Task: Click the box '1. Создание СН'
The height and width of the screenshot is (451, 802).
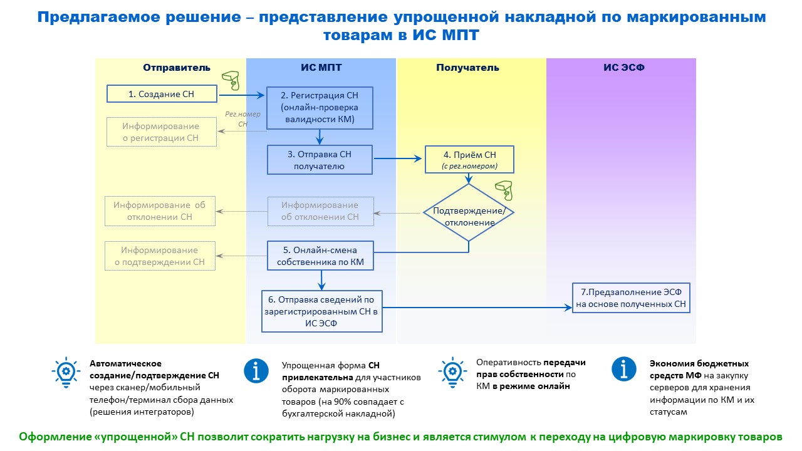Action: pyautogui.click(x=162, y=94)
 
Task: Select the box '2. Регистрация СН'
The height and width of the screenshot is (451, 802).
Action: pyautogui.click(x=320, y=106)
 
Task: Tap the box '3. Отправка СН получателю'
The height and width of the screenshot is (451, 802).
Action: pyautogui.click(x=320, y=160)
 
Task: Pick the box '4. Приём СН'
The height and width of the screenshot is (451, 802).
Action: pyautogui.click(x=470, y=160)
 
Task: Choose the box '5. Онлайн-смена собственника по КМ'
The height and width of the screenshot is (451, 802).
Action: pyautogui.click(x=320, y=256)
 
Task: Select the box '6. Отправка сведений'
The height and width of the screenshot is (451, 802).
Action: pyautogui.click(x=322, y=311)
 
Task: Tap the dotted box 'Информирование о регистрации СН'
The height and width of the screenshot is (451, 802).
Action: pyautogui.click(x=162, y=132)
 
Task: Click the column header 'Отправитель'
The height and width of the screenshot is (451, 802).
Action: pyautogui.click(x=177, y=68)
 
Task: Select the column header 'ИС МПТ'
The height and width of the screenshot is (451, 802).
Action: pyautogui.click(x=321, y=68)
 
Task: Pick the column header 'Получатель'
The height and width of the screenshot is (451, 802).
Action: pyautogui.click(x=467, y=68)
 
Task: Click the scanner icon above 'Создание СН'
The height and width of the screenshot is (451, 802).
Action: pyautogui.click(x=231, y=80)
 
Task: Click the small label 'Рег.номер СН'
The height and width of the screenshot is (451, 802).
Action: pyautogui.click(x=243, y=119)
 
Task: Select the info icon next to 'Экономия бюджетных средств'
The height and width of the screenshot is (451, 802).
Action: pyautogui.click(x=624, y=370)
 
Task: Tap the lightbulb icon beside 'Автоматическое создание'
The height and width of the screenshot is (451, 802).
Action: pyautogui.click(x=65, y=371)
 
